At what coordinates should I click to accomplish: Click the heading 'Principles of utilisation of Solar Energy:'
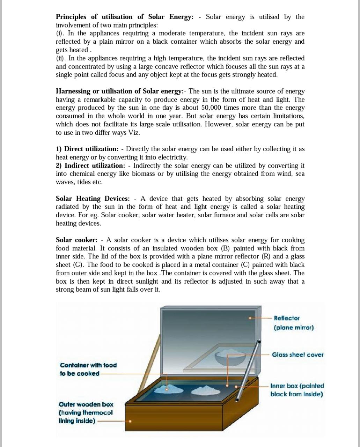click(x=124, y=17)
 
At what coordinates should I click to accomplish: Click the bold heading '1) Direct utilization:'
click(x=87, y=149)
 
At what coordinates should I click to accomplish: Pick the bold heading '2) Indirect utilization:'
click(x=90, y=166)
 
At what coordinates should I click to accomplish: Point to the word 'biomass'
click(x=144, y=174)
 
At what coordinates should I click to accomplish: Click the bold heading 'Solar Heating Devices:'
click(x=93, y=198)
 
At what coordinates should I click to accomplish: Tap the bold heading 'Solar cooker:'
click(x=76, y=240)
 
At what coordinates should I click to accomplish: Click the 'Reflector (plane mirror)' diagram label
click(x=293, y=323)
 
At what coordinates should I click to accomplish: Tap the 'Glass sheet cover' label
click(x=297, y=355)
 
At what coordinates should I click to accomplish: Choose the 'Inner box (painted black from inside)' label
click(x=297, y=390)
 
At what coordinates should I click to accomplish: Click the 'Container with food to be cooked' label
click(x=88, y=369)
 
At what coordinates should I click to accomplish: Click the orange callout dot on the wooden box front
click(x=130, y=421)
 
